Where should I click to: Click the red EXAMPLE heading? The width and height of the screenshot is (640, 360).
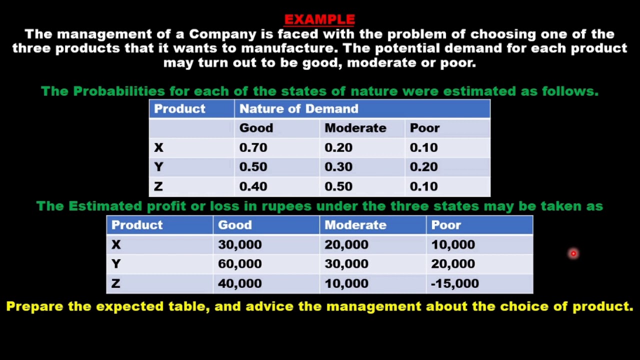click(x=319, y=19)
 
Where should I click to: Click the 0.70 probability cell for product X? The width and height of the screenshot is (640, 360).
click(x=253, y=147)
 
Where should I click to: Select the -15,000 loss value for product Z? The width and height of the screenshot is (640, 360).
click(x=454, y=283)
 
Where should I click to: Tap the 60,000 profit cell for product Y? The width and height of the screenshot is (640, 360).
click(x=239, y=264)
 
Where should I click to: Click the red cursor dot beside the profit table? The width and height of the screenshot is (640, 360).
click(x=573, y=254)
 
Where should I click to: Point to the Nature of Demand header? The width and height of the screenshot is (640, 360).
click(x=298, y=109)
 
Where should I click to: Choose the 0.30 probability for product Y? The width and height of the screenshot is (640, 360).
click(x=338, y=167)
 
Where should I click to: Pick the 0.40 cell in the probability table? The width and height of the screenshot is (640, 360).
click(x=253, y=186)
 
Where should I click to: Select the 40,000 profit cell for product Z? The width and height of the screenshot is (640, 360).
click(x=239, y=283)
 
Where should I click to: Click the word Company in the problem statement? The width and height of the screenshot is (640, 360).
click(x=222, y=34)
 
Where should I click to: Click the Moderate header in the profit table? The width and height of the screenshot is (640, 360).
click(x=355, y=225)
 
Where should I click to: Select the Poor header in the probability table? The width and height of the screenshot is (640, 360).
click(x=424, y=128)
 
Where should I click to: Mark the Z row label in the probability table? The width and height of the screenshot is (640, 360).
click(x=158, y=186)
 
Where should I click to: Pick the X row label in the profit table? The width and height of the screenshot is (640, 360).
click(x=116, y=244)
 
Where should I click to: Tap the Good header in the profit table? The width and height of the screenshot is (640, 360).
click(x=234, y=225)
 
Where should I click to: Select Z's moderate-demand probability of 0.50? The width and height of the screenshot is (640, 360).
click(x=338, y=186)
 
